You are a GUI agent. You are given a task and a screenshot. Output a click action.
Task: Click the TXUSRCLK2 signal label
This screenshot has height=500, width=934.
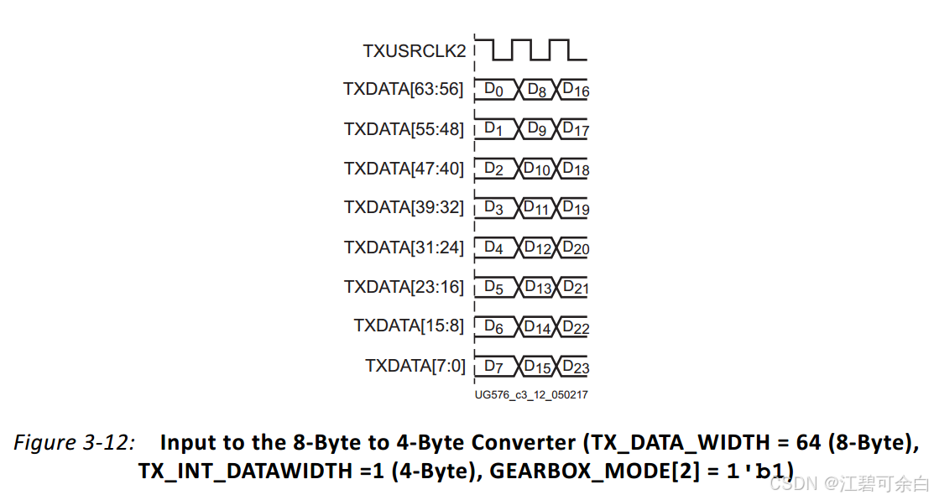pos(414,50)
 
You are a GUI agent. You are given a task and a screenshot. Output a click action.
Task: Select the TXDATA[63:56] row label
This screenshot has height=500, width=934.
pos(403,89)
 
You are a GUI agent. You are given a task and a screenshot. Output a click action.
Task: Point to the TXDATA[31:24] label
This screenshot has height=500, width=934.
pos(403,247)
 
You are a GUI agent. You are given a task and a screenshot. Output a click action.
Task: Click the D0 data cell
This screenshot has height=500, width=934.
pos(494,89)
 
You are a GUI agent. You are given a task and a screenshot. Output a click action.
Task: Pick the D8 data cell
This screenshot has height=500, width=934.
pos(537,89)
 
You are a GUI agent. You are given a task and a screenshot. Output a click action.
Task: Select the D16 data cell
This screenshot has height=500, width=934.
pos(575,89)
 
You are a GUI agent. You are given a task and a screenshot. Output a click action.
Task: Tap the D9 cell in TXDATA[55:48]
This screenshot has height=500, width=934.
pos(537,129)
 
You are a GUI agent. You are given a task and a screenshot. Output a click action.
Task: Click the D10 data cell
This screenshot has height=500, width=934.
pos(537,169)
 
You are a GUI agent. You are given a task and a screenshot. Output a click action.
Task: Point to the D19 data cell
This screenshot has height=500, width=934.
pos(575,208)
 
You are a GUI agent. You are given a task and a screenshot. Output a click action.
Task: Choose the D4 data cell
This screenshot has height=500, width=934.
pos(494,248)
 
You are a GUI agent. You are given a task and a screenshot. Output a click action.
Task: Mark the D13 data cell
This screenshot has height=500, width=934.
pos(537,288)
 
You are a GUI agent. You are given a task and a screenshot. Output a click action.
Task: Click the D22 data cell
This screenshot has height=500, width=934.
pos(575,327)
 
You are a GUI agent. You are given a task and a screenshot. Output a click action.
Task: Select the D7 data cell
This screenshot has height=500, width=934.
pos(494,367)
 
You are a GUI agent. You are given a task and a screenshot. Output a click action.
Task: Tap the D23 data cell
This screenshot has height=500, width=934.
pos(575,367)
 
